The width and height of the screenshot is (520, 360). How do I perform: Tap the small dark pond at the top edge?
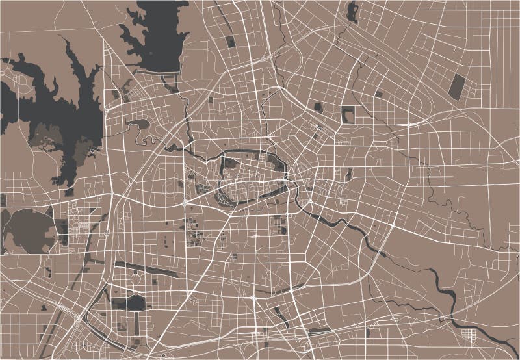tap(353, 11)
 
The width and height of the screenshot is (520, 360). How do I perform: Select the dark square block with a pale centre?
tap(348, 114)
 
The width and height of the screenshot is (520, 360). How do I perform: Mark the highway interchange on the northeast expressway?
tap(408, 122)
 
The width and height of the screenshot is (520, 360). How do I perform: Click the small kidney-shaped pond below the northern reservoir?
tap(139, 124)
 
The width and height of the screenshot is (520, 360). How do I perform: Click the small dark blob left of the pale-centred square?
tap(318, 107)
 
